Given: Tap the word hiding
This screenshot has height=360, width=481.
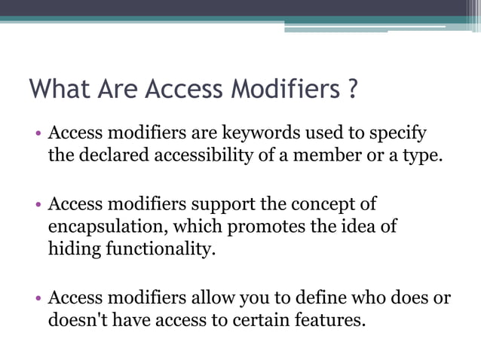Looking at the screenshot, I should pyautogui.click(x=72, y=249).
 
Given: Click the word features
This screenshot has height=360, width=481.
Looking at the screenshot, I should pyautogui.click(x=329, y=319).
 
